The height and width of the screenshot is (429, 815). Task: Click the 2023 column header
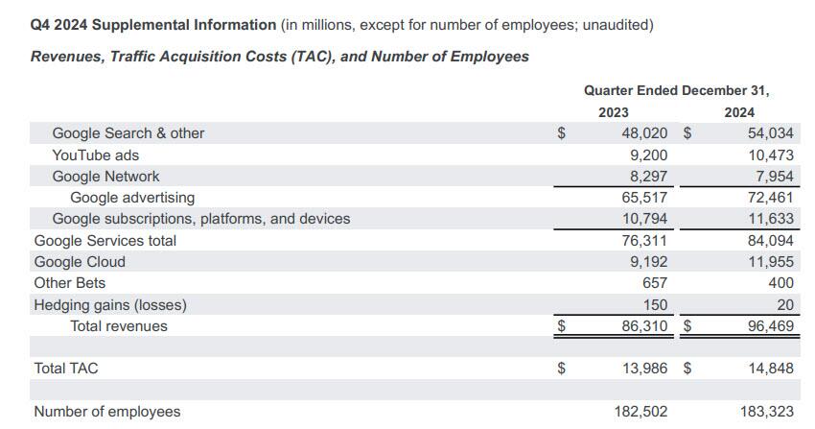(614, 112)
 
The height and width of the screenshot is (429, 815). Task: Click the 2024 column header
(739, 112)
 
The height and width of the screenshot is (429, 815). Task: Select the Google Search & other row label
(128, 133)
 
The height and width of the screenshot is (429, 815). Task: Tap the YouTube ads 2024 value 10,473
(770, 155)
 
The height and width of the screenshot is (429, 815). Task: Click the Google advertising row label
(132, 198)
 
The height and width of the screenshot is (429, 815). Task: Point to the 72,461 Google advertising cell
(770, 198)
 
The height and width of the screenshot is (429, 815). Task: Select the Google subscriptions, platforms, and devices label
(200, 219)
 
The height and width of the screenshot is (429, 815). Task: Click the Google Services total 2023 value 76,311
(644, 241)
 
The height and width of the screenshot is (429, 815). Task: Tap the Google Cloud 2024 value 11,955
(770, 262)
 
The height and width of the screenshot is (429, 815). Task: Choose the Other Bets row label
(70, 283)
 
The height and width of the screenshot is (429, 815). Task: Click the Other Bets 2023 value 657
(655, 283)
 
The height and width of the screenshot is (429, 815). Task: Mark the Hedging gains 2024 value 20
(784, 305)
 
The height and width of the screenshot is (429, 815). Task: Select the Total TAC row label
(66, 368)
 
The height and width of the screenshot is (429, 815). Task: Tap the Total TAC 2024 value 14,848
(770, 368)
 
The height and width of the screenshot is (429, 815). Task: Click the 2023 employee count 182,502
(640, 412)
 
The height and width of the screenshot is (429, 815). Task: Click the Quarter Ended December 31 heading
(677, 90)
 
